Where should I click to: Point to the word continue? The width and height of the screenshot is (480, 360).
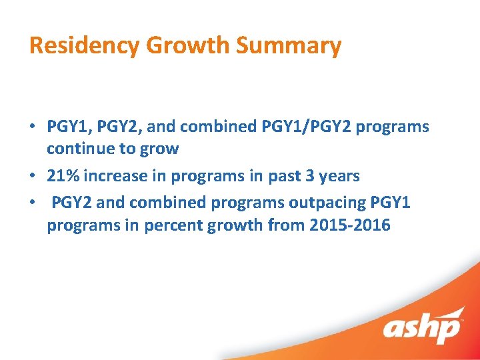click(x=79, y=149)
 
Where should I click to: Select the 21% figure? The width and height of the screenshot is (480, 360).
click(x=62, y=176)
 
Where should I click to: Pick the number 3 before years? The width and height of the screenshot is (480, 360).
click(x=312, y=176)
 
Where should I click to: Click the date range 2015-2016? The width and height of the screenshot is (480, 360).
click(x=350, y=225)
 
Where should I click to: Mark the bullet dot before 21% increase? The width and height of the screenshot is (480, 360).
click(x=33, y=177)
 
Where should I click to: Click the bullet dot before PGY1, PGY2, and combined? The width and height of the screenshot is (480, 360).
click(x=33, y=127)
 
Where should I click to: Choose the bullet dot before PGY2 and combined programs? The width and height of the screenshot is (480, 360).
click(x=33, y=202)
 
